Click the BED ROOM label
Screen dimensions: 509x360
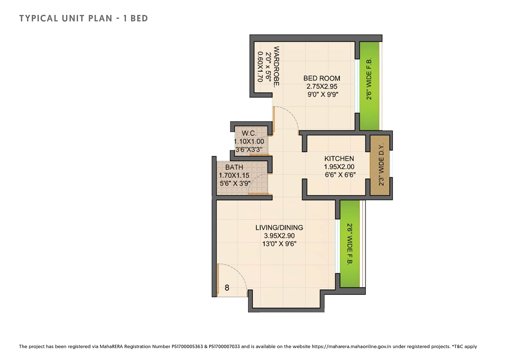(322, 78)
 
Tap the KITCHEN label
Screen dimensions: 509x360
(339, 158)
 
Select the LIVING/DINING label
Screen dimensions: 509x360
(279, 228)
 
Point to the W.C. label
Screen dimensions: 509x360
(249, 133)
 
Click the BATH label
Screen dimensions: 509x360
(234, 167)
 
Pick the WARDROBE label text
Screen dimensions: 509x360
(276, 67)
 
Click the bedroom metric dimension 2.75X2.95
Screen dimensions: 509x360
(322, 86)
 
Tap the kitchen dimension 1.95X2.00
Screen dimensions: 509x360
(339, 167)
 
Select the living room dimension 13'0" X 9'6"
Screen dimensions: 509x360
(279, 244)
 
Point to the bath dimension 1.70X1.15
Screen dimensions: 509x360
(234, 175)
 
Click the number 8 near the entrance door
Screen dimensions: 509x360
(227, 288)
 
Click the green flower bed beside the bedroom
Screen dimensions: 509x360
(369, 86)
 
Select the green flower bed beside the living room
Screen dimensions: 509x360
(350, 244)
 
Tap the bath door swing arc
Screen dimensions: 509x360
(253, 180)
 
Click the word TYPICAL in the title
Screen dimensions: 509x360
(39, 18)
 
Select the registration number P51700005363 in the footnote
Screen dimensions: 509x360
(187, 347)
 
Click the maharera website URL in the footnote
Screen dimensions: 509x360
(351, 347)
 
